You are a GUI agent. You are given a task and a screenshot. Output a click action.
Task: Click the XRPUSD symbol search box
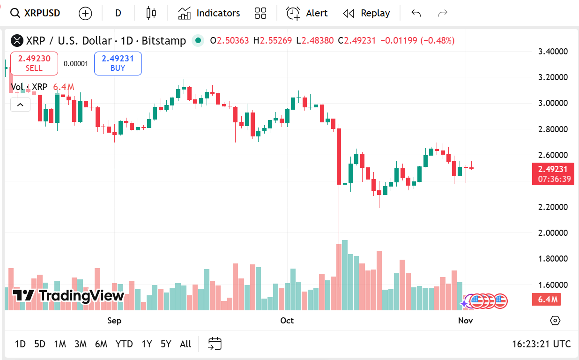click(x=36, y=13)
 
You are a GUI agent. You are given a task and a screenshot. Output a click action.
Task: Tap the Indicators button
click(x=209, y=13)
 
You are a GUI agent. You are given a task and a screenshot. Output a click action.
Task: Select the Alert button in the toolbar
click(x=307, y=13)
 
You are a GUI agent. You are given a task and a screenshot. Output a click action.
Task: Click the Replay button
click(x=366, y=13)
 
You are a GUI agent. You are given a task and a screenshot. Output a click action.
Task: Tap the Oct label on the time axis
click(x=287, y=321)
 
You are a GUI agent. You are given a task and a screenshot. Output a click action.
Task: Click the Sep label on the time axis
click(x=114, y=321)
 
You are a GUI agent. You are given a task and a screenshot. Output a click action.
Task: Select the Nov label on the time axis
click(x=465, y=321)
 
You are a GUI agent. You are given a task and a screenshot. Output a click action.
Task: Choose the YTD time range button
click(x=124, y=344)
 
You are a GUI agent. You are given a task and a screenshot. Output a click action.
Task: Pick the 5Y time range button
click(x=166, y=344)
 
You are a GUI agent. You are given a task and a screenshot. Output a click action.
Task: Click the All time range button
click(x=186, y=344)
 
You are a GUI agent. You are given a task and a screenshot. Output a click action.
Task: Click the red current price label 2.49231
click(x=553, y=169)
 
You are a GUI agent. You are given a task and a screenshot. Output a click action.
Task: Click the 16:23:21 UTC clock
click(x=541, y=344)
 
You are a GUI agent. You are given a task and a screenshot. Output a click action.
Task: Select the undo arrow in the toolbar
click(x=416, y=13)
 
